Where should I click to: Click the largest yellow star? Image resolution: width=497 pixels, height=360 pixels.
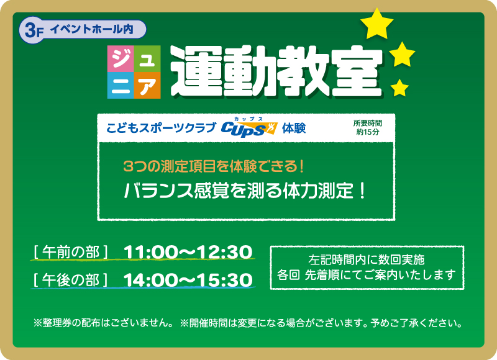point(377,24)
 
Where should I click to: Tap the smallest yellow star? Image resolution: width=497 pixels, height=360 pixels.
point(399,88)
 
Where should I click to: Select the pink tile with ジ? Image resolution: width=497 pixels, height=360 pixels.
point(121,58)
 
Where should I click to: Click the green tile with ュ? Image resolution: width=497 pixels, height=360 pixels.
point(147,58)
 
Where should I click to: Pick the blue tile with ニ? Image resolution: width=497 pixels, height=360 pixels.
point(121,86)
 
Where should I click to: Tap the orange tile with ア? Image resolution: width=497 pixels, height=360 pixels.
point(147,86)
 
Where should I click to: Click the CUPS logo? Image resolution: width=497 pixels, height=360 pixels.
point(249,128)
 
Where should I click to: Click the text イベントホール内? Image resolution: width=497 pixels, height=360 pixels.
point(91,29)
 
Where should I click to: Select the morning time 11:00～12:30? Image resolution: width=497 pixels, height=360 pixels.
point(188,253)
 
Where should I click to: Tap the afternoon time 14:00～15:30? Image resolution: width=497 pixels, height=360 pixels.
point(188,280)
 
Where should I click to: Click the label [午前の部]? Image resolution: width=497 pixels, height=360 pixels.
point(71,253)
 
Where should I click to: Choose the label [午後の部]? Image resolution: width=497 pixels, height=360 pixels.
point(71,280)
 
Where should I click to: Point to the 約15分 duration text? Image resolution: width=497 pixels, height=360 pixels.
point(367,132)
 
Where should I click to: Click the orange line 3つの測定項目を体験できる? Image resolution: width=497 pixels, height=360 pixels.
point(214,166)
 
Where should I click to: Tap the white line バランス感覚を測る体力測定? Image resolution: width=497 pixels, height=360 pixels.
point(244,191)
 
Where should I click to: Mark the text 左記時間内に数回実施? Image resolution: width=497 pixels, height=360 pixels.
point(366,259)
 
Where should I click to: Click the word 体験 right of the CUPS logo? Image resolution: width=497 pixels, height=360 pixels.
point(294,128)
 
